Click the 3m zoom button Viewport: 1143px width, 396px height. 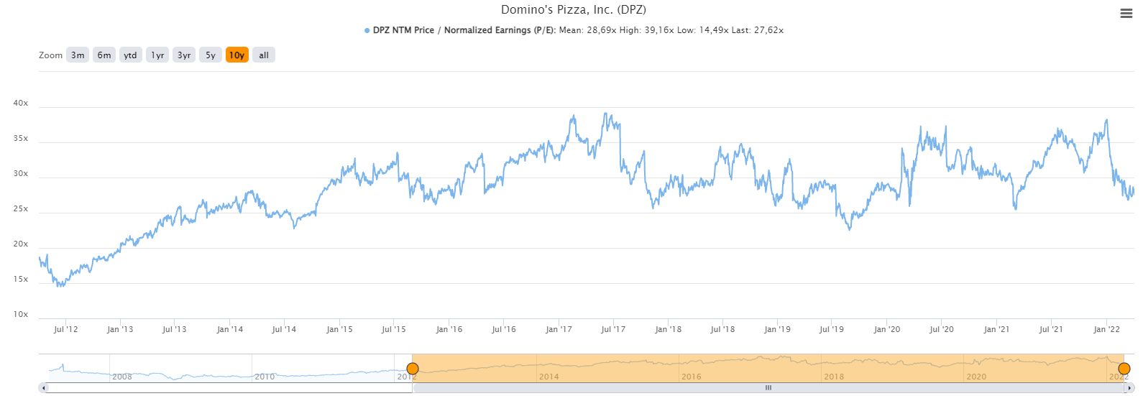coord(78,55)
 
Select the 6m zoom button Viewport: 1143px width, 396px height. coord(104,55)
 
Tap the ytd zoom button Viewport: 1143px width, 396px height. coord(130,55)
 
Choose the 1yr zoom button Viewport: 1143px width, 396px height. coord(157,55)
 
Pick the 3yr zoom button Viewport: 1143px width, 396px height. coord(184,55)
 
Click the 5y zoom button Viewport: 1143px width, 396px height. coord(211,55)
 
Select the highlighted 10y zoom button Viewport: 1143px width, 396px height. coord(237,55)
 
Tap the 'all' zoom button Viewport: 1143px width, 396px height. coord(264,55)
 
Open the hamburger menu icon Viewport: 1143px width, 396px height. coord(1126,14)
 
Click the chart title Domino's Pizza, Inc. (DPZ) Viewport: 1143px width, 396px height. coord(573,10)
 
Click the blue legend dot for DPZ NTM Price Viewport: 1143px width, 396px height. coord(367,31)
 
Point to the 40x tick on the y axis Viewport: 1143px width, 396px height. coord(21,103)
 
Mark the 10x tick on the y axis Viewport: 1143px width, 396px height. coord(21,315)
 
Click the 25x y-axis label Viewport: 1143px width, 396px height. coord(21,209)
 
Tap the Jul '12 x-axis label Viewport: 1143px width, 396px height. coord(65,330)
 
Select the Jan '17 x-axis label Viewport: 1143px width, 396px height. coord(559,330)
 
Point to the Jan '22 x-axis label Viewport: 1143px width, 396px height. coord(1106,330)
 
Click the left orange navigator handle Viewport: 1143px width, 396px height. coord(413,369)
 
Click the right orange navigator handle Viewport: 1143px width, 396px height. coord(1124,369)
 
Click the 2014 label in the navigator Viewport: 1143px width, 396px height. coord(548,377)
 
